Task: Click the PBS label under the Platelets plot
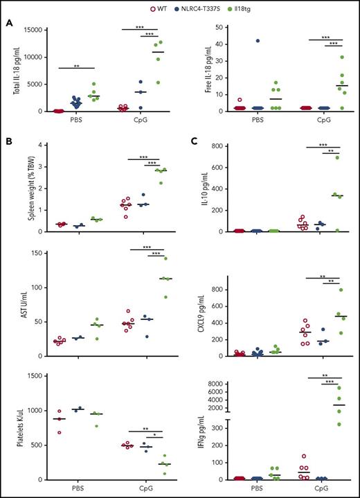pyautogui.click(x=71, y=488)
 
